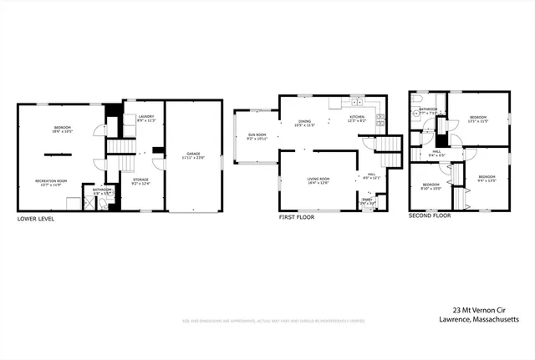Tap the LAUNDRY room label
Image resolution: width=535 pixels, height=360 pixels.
(x=146, y=118)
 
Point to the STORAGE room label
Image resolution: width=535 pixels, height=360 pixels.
(x=141, y=180)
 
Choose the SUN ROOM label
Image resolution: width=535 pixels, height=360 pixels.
(x=256, y=136)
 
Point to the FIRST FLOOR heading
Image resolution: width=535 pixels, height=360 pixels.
(x=298, y=215)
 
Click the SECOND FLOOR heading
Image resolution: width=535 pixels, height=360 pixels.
(x=430, y=215)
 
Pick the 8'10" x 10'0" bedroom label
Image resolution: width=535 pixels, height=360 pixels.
(x=431, y=185)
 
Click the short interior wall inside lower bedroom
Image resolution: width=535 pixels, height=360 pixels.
(x=57, y=154)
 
